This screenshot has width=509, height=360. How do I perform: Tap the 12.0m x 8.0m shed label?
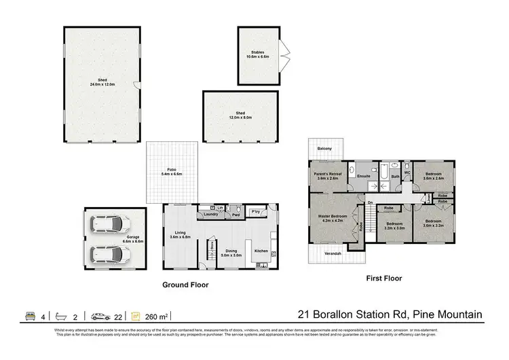click(x=240, y=115)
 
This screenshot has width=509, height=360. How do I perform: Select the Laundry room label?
click(x=210, y=216)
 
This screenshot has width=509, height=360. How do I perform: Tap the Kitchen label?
click(x=262, y=251)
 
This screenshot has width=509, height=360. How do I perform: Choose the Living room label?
click(x=180, y=234)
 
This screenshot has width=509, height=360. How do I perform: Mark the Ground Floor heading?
click(x=185, y=285)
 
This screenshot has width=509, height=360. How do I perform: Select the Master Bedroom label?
click(x=335, y=219)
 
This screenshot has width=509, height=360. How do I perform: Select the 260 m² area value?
click(x=157, y=315)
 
